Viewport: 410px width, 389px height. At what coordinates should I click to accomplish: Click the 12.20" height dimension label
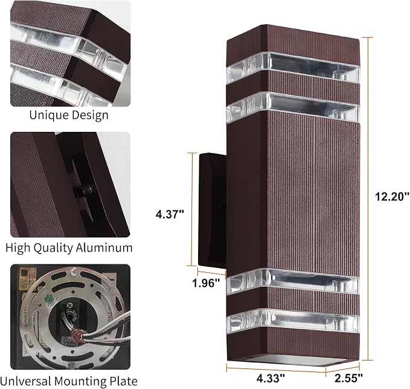tap(392, 197)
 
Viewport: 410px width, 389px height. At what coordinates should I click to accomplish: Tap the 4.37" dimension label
tap(170, 214)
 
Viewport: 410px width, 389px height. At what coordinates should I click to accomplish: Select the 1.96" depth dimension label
tap(206, 283)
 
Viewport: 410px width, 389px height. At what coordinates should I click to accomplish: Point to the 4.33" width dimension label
tap(271, 378)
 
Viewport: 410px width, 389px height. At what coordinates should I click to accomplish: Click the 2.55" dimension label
tap(348, 378)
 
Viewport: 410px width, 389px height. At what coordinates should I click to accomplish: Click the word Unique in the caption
tap(49, 116)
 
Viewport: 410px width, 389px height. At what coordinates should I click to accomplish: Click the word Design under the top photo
tap(90, 116)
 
